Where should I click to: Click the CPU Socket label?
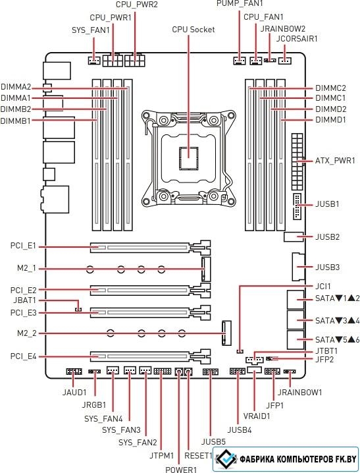coord(193,30)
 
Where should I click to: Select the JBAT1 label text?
coord(25,300)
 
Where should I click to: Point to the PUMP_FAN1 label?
coord(240,3)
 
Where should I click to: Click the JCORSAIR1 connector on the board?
coord(285,61)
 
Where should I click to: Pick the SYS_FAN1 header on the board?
coord(94,61)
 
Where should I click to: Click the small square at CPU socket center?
coord(189,157)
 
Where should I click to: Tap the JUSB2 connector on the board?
coord(294,237)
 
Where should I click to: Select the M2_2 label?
coord(27,333)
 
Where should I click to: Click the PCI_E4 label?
coord(23,356)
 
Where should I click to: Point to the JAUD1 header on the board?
coord(74,372)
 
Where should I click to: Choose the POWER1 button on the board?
coord(179,372)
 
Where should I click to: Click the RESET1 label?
coord(198,455)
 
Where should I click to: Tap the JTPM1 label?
coord(162,455)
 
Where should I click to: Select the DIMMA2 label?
coord(16,87)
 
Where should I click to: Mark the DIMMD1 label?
coord(330,120)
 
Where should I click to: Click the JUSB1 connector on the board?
coord(296,207)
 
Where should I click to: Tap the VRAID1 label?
coord(257,416)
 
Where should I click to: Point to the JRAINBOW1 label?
coord(299,393)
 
